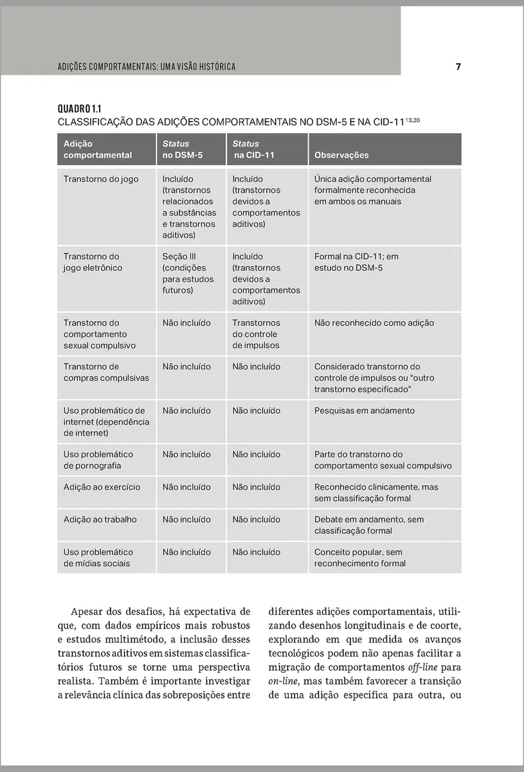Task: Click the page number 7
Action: pyautogui.click(x=458, y=67)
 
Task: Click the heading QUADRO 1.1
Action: pyautogui.click(x=80, y=109)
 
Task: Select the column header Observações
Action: pyautogui.click(x=341, y=155)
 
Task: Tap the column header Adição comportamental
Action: pyautogui.click(x=98, y=149)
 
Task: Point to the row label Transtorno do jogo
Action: pyautogui.click(x=101, y=179)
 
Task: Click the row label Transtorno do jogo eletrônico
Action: pyautogui.click(x=93, y=262)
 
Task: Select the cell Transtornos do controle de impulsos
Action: pyautogui.click(x=256, y=334)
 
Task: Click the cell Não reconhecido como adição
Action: pyautogui.click(x=374, y=323)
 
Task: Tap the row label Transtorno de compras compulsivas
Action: pyautogui.click(x=106, y=372)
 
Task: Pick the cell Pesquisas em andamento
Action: pyautogui.click(x=365, y=410)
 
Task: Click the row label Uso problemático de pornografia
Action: pyautogui.click(x=98, y=460)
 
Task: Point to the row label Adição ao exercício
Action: pyautogui.click(x=102, y=487)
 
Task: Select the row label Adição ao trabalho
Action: pyautogui.click(x=100, y=519)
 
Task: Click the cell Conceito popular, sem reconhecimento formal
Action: pyautogui.click(x=360, y=558)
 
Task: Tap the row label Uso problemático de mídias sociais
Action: pyautogui.click(x=98, y=558)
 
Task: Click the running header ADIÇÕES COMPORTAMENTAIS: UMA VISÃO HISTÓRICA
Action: pyautogui.click(x=147, y=67)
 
